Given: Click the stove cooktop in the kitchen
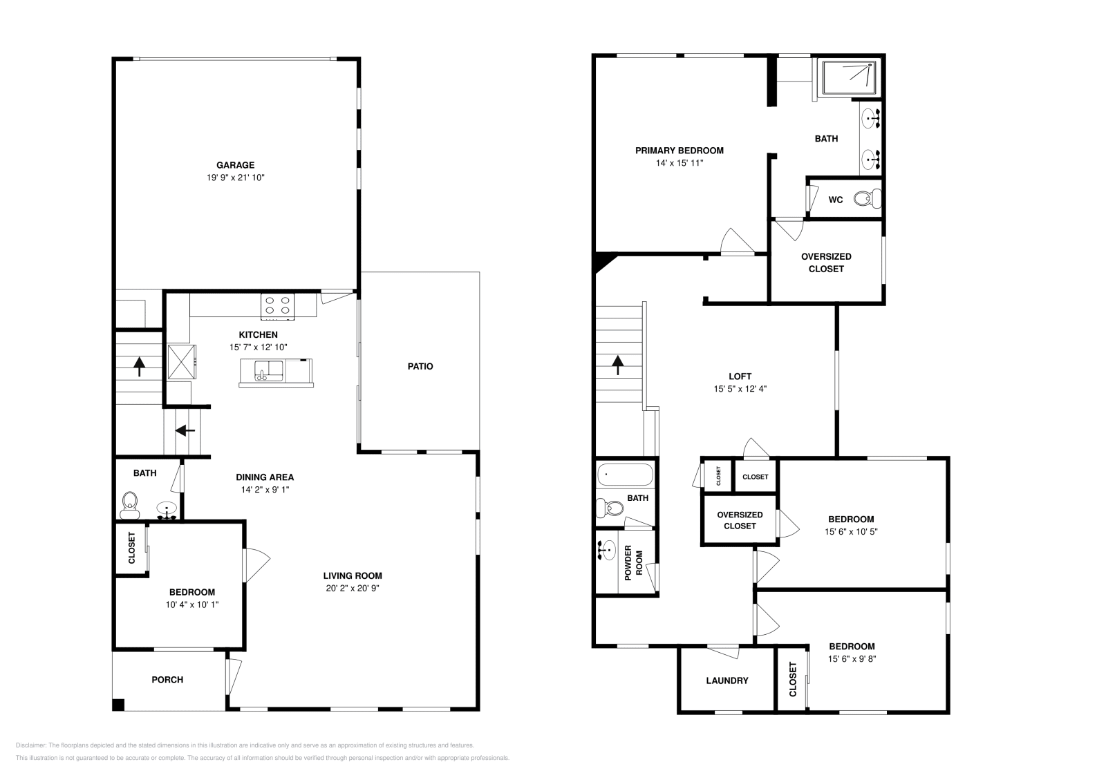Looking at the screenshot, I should click(x=277, y=305).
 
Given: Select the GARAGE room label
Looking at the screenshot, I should click(x=235, y=165).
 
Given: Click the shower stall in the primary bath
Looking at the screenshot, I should click(x=850, y=77).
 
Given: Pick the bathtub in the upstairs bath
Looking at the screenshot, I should click(x=624, y=475).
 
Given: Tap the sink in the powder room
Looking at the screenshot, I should click(x=606, y=551).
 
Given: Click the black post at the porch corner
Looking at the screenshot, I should click(x=118, y=705).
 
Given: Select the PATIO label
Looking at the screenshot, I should click(x=420, y=366).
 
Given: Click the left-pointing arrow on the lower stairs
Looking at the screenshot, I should click(x=185, y=430).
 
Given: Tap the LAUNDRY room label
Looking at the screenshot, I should click(x=727, y=680).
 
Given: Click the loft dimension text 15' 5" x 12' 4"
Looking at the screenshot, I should click(x=740, y=389).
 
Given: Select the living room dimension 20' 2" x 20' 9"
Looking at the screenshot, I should click(x=353, y=589).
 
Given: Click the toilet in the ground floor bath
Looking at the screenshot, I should click(x=129, y=506).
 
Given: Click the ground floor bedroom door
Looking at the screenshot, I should click(x=255, y=565).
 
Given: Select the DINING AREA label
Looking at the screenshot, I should click(x=265, y=477).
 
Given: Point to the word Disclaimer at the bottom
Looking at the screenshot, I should click(x=30, y=745).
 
